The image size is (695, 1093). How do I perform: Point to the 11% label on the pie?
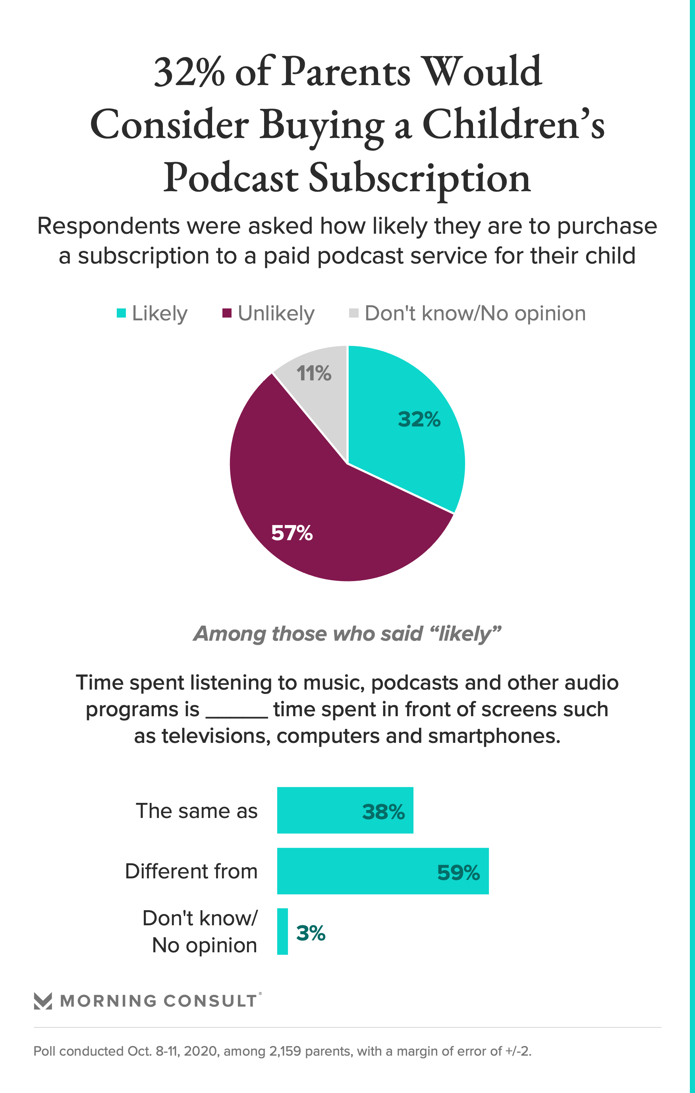313,374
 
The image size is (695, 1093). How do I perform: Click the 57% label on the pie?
292,533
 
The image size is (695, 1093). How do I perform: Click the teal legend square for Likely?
121,313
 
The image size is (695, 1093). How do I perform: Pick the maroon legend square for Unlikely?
227,313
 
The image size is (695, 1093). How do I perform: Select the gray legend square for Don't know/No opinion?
354,313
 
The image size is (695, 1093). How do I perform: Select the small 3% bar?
282,931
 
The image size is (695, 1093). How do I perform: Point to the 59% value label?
458,872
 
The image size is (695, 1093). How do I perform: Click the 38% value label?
383,812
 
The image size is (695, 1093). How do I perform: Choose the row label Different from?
191,872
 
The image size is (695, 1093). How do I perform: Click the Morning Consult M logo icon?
43,1001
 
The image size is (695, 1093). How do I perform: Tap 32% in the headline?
189,73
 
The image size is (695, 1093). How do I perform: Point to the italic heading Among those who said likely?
347,634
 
